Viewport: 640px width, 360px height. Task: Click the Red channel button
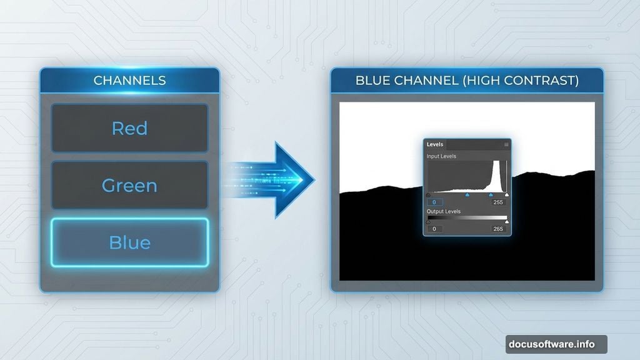pos(129,128)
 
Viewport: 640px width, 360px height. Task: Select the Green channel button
pos(129,186)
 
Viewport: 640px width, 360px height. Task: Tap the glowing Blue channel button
pos(129,242)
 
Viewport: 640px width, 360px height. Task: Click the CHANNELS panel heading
pos(129,81)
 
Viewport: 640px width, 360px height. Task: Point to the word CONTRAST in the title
pos(538,81)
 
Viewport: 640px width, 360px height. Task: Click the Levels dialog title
pos(435,144)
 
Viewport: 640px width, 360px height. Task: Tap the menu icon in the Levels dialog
pos(506,144)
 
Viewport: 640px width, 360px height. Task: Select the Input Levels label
pos(441,156)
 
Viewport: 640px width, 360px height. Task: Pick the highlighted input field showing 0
pos(435,202)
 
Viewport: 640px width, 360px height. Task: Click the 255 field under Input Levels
pos(498,202)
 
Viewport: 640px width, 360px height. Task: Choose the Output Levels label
pos(444,212)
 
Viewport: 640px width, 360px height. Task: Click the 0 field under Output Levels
pos(435,229)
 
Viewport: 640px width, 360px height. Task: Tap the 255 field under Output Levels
pos(498,229)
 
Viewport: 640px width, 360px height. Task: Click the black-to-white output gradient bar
pos(467,217)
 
